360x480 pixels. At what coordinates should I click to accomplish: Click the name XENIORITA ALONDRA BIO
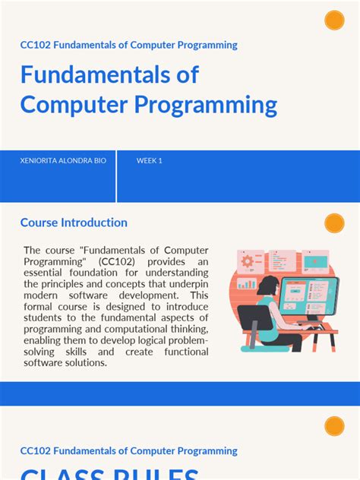click(x=64, y=161)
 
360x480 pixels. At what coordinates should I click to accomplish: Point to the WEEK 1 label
click(x=150, y=161)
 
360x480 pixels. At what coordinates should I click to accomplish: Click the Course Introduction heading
click(x=74, y=223)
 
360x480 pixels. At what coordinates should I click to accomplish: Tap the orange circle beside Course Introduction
click(x=334, y=223)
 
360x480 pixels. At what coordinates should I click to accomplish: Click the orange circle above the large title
click(x=334, y=21)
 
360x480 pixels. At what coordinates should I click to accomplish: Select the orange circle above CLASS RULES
click(x=334, y=426)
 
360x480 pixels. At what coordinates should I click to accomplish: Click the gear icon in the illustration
click(x=247, y=261)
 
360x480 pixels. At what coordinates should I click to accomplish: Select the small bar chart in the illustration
click(x=248, y=284)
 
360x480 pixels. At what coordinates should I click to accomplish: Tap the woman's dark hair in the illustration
click(x=270, y=286)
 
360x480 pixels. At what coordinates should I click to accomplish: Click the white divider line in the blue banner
click(x=116, y=176)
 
